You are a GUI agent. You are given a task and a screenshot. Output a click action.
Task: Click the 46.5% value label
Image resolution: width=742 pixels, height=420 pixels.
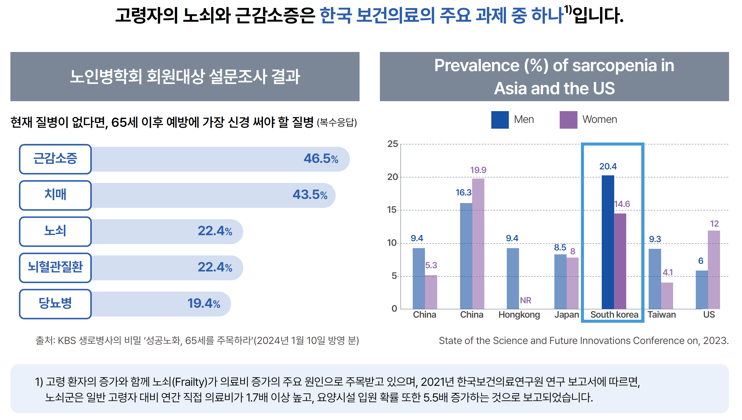click(321, 159)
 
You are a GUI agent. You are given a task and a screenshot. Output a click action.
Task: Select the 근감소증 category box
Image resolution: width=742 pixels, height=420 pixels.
click(55, 159)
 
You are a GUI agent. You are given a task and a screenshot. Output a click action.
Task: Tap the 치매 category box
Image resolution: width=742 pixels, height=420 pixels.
click(55, 195)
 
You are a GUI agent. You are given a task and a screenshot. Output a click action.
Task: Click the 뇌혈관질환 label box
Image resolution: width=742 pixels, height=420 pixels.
click(55, 267)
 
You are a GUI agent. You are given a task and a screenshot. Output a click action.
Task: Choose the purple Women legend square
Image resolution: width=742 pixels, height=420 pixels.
click(568, 120)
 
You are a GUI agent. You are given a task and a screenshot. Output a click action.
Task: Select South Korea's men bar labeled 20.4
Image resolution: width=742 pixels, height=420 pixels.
click(608, 242)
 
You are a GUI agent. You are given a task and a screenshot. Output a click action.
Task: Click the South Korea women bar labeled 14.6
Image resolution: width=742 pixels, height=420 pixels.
click(620, 261)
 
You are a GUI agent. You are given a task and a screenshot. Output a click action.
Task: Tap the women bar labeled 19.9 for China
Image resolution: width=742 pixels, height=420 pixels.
click(478, 244)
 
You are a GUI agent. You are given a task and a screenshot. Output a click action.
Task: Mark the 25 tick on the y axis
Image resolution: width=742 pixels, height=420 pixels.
click(392, 144)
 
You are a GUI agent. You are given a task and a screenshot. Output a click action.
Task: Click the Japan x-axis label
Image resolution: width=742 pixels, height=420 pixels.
click(566, 314)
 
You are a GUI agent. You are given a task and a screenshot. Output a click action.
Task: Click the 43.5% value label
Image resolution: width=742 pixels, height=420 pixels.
click(310, 195)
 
